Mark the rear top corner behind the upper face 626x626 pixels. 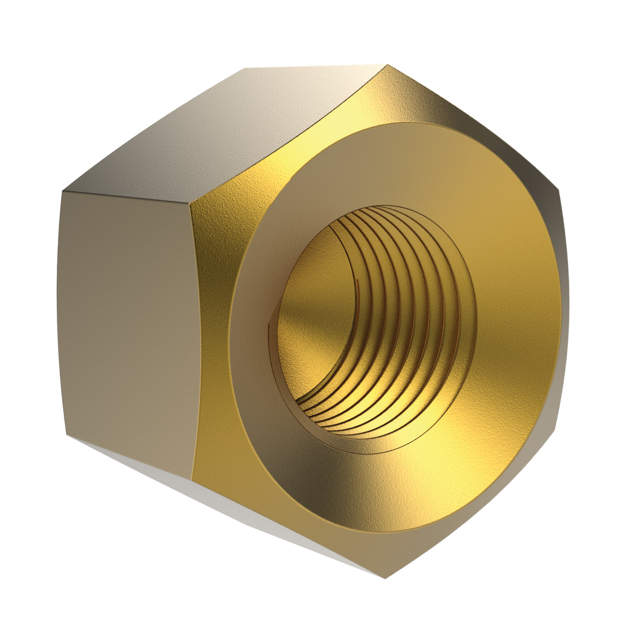245,68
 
